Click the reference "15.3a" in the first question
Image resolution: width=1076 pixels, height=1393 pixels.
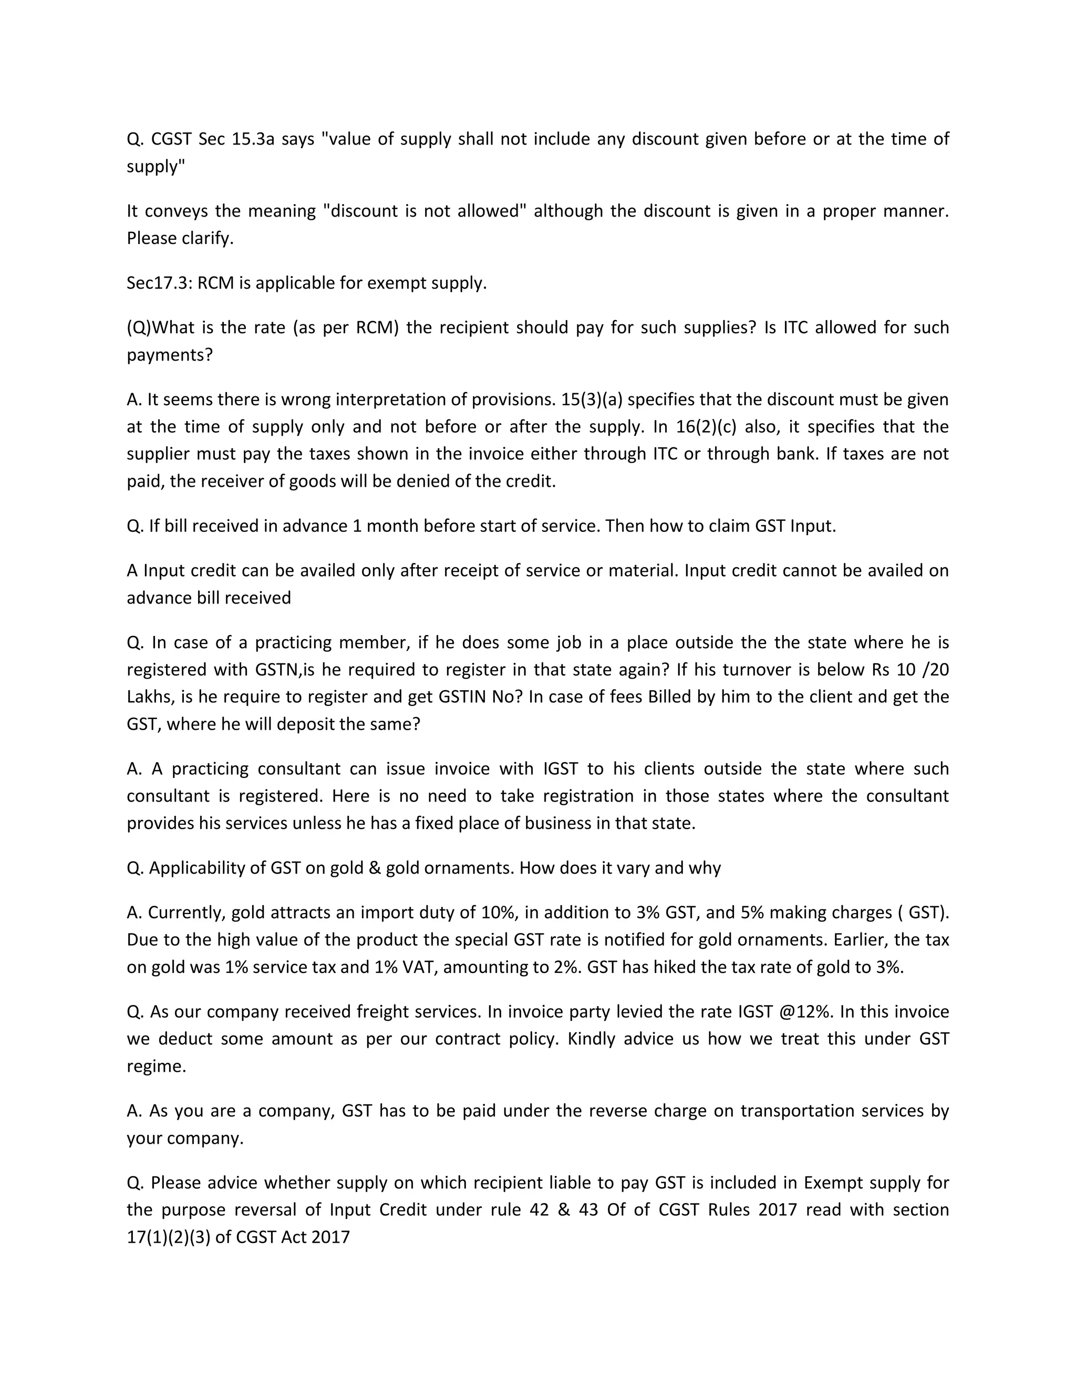252,139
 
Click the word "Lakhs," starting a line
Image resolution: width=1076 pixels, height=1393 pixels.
150,697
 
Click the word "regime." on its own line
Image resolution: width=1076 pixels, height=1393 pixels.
156,1067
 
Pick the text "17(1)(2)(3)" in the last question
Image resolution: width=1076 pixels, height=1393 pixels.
168,1238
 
